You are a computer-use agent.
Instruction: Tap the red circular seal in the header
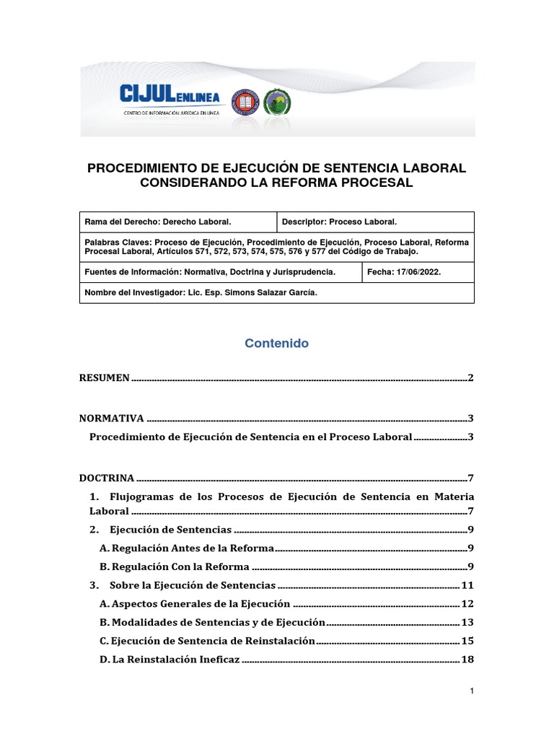click(243, 101)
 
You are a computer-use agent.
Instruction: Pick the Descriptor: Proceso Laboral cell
click(339, 222)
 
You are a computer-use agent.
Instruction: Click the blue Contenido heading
click(276, 344)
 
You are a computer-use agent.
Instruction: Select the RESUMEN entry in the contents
click(104, 377)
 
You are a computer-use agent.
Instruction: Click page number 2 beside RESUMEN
click(470, 377)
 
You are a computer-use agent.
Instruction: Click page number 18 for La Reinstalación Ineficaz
click(467, 660)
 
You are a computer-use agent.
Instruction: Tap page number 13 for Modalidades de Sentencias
click(467, 623)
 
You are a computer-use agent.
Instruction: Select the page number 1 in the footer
click(471, 691)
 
